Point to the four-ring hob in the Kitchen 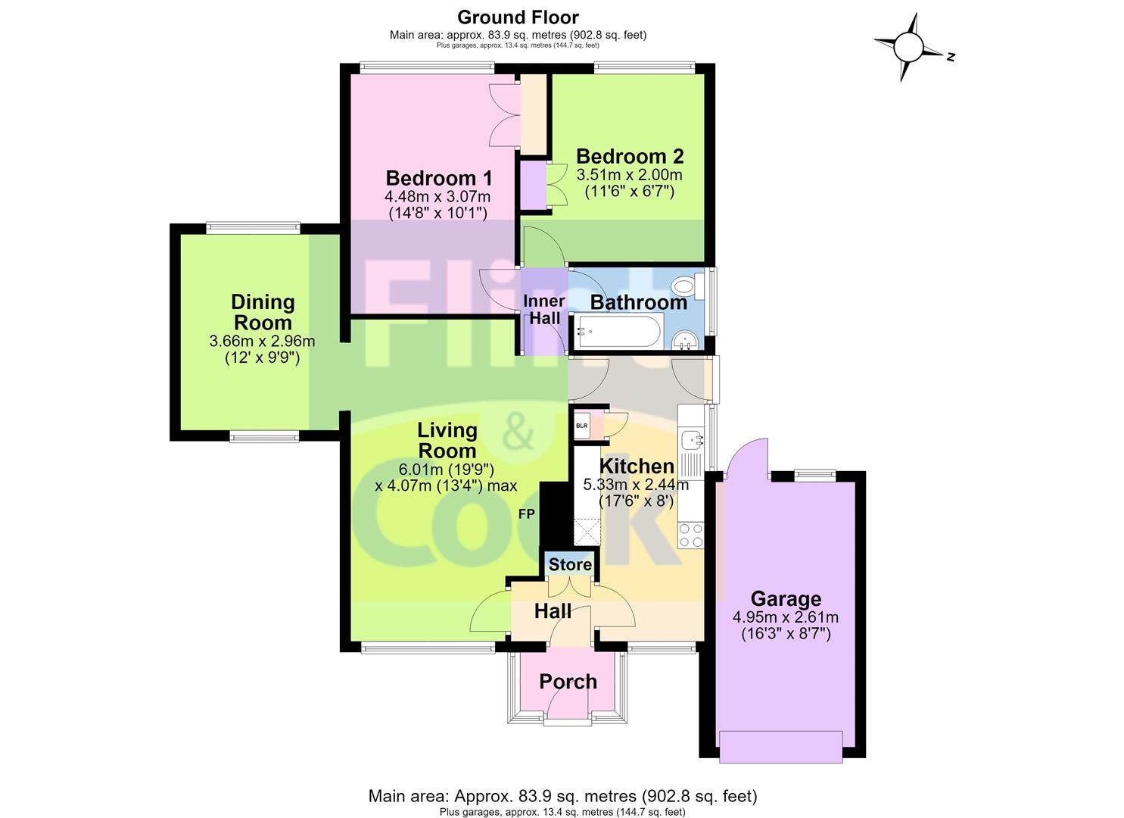click(690, 535)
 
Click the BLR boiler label click(581, 426)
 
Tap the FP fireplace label click(526, 514)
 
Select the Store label click(570, 564)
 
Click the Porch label click(568, 682)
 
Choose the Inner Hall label click(544, 309)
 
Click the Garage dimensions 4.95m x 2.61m click(786, 617)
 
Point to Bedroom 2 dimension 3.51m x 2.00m click(629, 175)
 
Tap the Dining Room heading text click(263, 312)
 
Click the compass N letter click(950, 57)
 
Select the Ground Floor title click(518, 17)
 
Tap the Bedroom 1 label click(439, 178)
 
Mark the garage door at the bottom click(781, 748)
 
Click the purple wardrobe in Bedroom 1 click(533, 184)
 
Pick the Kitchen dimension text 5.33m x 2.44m click(636, 485)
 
